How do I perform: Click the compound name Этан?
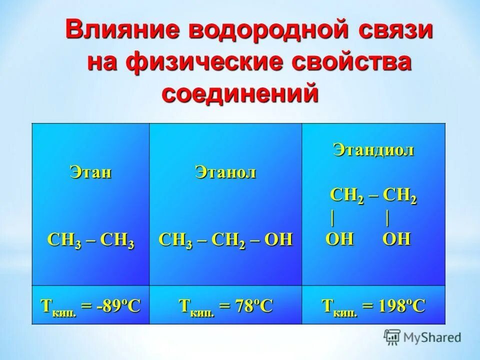pyautogui.click(x=90, y=172)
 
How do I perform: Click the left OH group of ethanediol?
pyautogui.click(x=339, y=239)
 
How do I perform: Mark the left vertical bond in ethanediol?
pyautogui.click(x=332, y=218)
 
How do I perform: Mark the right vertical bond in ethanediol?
pyautogui.click(x=387, y=218)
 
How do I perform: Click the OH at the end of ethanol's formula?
pyautogui.click(x=278, y=240)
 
